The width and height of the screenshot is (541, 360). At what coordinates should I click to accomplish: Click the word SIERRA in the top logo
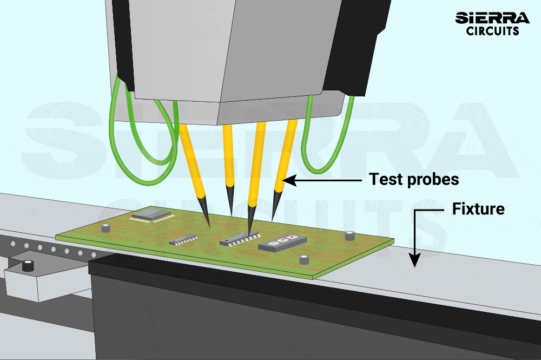492,17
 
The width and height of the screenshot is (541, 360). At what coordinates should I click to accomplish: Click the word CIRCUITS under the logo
492,31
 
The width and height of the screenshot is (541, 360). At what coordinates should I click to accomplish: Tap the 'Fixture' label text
478,208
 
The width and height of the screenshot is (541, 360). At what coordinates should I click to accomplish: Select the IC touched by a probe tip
239,239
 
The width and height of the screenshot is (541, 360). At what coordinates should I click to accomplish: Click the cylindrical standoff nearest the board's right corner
350,236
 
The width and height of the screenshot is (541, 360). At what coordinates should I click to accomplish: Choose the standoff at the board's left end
105,227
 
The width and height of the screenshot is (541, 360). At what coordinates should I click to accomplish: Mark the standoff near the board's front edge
305,260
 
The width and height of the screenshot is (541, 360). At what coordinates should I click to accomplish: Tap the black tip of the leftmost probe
204,211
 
